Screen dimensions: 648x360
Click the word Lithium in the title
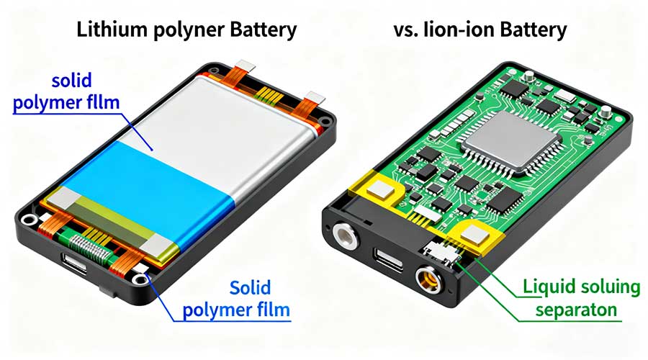click(x=112, y=30)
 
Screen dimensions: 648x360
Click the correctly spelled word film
click(x=271, y=310)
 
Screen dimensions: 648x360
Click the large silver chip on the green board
click(x=512, y=141)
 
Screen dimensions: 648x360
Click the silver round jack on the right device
click(x=346, y=236)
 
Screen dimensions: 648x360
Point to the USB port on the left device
click(x=74, y=263)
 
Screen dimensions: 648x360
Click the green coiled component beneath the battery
click(x=88, y=247)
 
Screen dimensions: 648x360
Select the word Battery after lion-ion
click(x=534, y=30)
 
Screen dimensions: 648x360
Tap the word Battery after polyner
click(x=264, y=30)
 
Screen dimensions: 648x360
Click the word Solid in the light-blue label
click(x=250, y=288)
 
